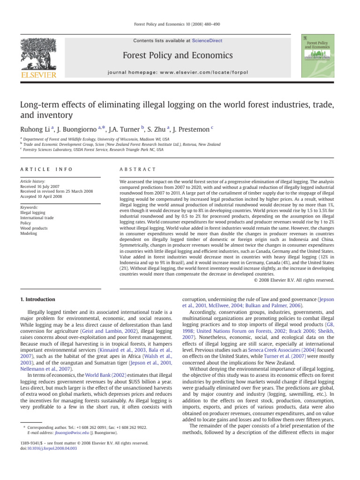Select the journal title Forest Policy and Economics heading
(x=177, y=56)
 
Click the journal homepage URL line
(x=177, y=73)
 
